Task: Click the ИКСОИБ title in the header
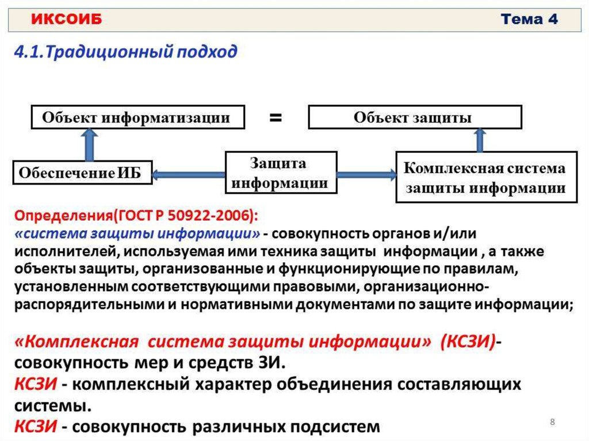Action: point(66,20)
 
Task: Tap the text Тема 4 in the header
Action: point(529,19)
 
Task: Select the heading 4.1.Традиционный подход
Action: point(125,52)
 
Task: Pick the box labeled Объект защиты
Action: point(415,117)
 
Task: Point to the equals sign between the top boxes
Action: point(276,118)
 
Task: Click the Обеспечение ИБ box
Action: point(83,172)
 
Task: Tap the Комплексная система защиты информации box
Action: point(485,178)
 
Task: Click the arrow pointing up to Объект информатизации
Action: point(89,144)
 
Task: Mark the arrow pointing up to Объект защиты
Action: point(479,140)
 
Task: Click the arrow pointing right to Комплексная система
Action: point(366,174)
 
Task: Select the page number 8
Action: point(552,423)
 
